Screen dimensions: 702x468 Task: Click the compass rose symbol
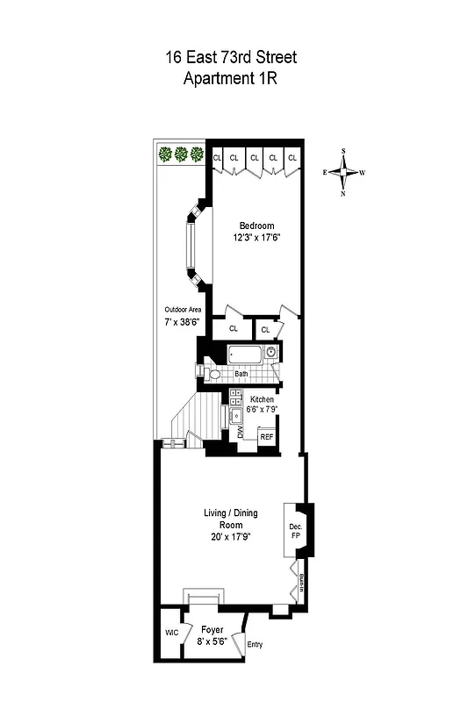click(x=343, y=172)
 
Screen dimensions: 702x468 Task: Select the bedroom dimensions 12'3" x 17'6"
click(x=256, y=237)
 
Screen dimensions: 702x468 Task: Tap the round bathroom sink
click(x=272, y=354)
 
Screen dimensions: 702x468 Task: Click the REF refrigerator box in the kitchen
click(x=266, y=437)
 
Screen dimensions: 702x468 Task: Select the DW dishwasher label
click(x=241, y=433)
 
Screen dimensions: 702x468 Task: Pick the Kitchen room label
click(x=262, y=399)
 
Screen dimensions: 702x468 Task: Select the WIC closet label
click(x=171, y=633)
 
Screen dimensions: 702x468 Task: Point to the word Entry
click(x=255, y=645)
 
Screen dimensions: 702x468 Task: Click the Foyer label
click(x=212, y=630)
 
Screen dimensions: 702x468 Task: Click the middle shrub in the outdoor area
click(x=181, y=154)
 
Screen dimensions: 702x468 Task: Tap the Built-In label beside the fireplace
click(x=301, y=582)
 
